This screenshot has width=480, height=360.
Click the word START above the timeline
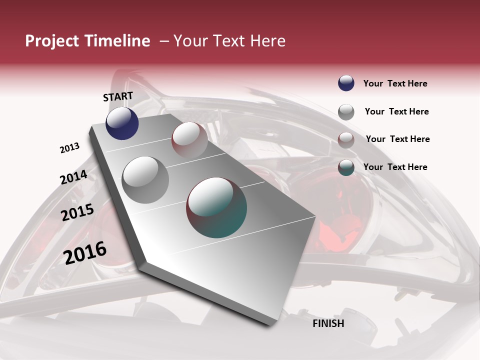tap(118, 96)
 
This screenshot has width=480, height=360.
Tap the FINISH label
tap(328, 323)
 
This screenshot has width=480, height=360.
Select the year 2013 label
tap(70, 148)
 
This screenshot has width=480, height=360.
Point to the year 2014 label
tap(74, 177)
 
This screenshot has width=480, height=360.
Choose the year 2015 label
tap(77, 212)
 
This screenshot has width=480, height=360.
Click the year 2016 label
tap(85, 252)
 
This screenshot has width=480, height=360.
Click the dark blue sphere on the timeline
tap(122, 123)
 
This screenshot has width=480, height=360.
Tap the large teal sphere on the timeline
tap(216, 207)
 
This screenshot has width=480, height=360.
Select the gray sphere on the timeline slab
tap(145, 179)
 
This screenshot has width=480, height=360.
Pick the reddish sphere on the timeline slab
tap(189, 139)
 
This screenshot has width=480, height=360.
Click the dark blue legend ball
tap(346, 83)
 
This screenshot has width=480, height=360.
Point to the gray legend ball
tap(346, 111)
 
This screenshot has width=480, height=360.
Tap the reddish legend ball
tap(346, 139)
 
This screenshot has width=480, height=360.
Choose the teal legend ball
tap(346, 167)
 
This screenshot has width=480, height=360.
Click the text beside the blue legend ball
tap(395, 83)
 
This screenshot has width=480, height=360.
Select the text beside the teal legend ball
tap(395, 167)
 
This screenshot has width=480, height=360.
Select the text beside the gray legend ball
tap(396, 111)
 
